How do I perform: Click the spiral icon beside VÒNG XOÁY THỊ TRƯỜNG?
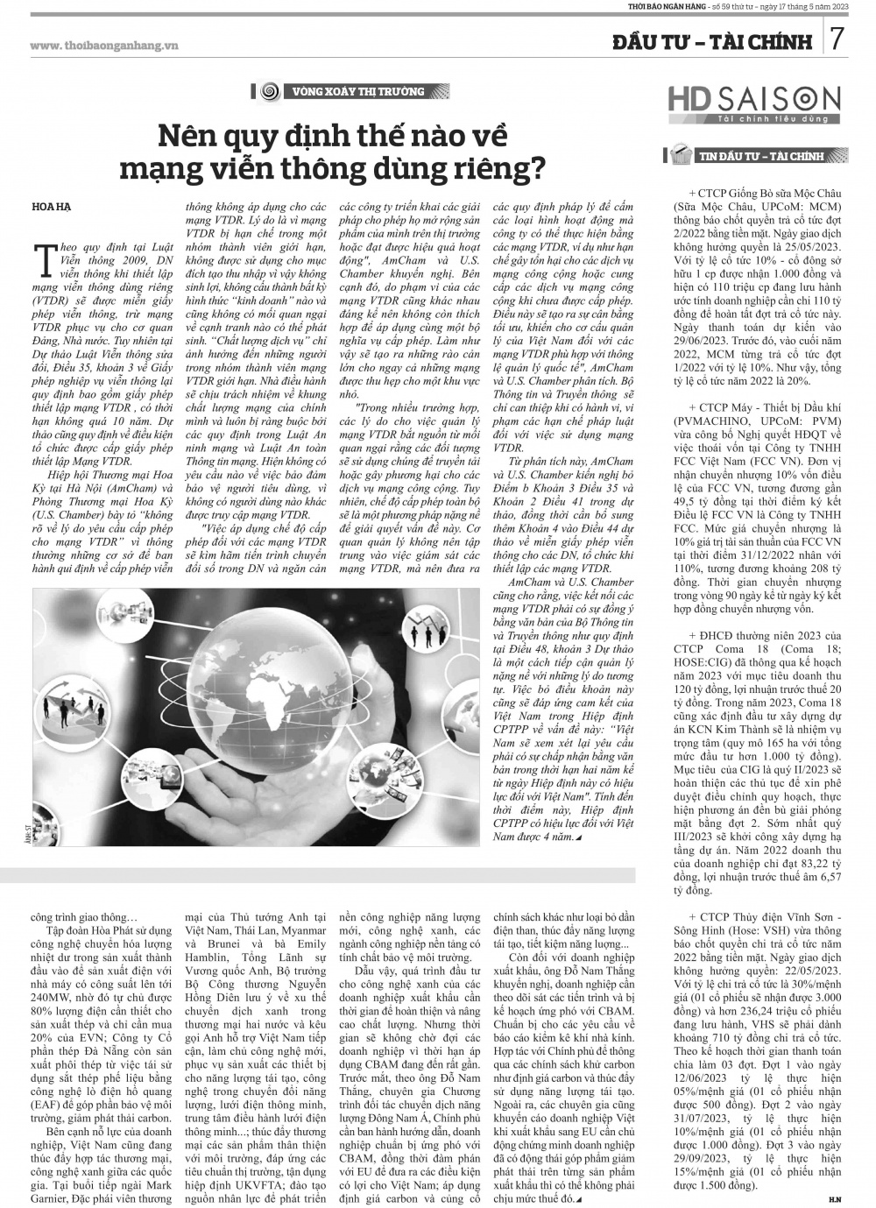tap(271, 91)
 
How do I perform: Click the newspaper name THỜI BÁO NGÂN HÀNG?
tap(671, 7)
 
